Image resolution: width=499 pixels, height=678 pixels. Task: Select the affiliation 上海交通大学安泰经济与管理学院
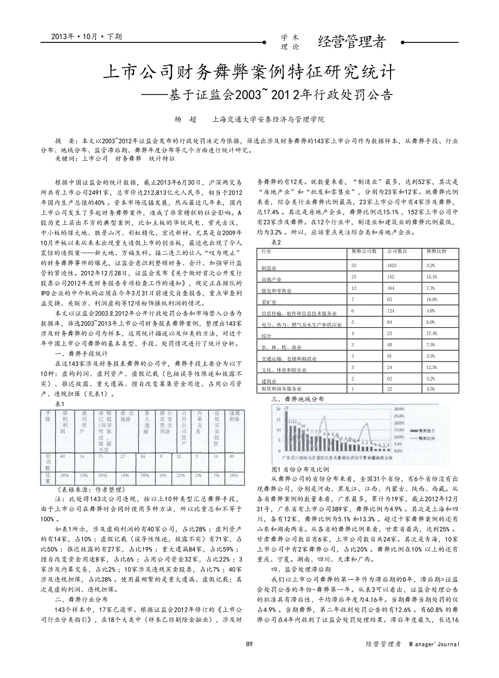point(268,118)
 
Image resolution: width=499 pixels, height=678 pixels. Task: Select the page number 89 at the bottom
point(250,644)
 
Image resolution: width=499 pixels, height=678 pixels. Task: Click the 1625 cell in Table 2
point(391,265)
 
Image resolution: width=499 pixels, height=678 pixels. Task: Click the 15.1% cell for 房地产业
point(432,277)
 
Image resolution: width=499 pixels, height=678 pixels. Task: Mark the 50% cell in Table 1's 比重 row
point(101,475)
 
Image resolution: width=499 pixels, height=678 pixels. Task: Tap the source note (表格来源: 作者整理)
point(85,489)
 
